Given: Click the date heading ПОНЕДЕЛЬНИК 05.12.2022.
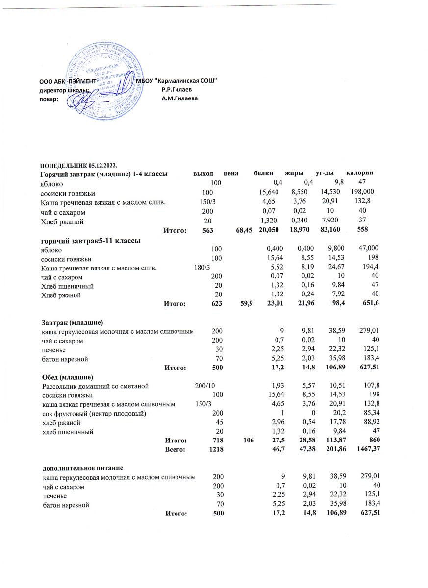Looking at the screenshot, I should (79, 164).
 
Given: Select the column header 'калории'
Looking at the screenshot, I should (360, 173).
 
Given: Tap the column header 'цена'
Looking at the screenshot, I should (230, 173).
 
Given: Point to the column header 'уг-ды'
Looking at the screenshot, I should (325, 173).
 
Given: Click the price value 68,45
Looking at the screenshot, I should (244, 229).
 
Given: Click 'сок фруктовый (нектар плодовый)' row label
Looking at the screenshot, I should (93, 413).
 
